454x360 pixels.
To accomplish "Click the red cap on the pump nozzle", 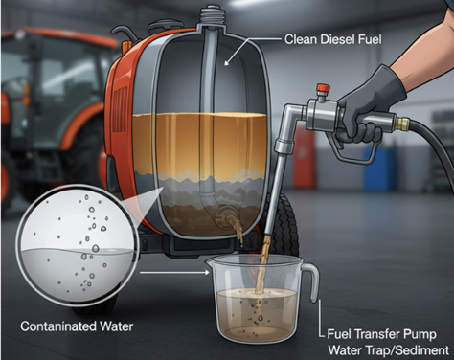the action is [x=323, y=87].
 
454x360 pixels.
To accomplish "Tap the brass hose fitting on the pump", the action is [x=402, y=122].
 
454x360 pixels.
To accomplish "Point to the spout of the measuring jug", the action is [x=209, y=262].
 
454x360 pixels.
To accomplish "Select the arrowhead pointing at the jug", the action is [x=207, y=273].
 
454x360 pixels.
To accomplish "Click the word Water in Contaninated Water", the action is [x=116, y=326].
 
